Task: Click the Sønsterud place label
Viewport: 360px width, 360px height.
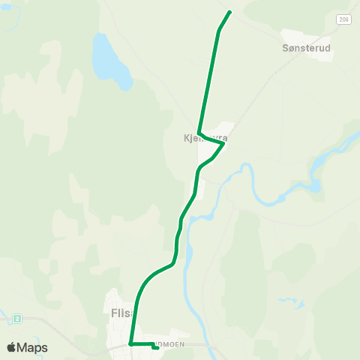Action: (x=307, y=47)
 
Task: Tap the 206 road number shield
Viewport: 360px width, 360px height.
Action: (x=343, y=19)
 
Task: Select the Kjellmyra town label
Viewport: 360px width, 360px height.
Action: (x=205, y=139)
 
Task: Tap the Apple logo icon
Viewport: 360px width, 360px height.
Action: (x=12, y=347)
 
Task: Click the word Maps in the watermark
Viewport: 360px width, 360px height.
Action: (x=33, y=347)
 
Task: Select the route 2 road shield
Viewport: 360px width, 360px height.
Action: (x=16, y=319)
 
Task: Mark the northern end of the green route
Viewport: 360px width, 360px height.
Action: (x=229, y=11)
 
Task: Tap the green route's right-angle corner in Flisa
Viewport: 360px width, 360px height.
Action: (x=130, y=343)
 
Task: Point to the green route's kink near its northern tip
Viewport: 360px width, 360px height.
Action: (x=219, y=30)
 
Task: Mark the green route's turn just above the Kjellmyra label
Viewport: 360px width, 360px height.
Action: (x=199, y=132)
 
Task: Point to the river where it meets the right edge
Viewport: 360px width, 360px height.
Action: (x=357, y=133)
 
